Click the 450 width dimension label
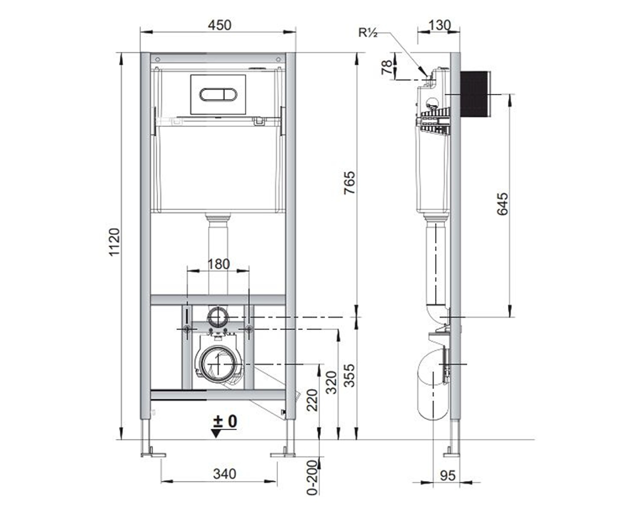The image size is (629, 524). [220, 25]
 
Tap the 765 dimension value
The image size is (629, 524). [350, 183]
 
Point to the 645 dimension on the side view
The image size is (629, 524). [502, 204]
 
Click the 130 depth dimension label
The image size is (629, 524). [440, 25]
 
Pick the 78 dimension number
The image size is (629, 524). [387, 67]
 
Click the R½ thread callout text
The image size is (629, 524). [368, 32]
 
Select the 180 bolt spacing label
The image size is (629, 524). [219, 264]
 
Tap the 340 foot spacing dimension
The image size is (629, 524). [224, 474]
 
